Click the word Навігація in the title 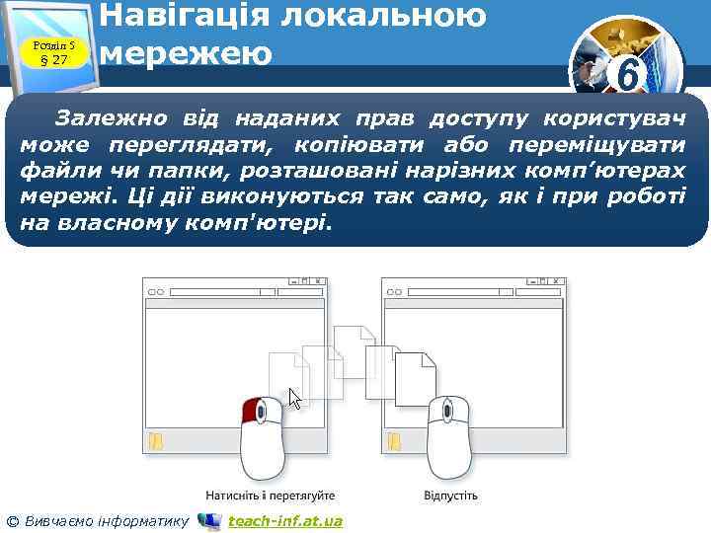[x=198, y=15]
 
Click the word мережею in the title [x=187, y=53]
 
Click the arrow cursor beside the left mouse [x=294, y=399]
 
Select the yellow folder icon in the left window [x=155, y=441]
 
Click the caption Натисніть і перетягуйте [x=270, y=495]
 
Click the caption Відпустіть [x=450, y=495]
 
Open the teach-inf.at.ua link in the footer [x=284, y=520]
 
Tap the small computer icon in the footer [x=209, y=520]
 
